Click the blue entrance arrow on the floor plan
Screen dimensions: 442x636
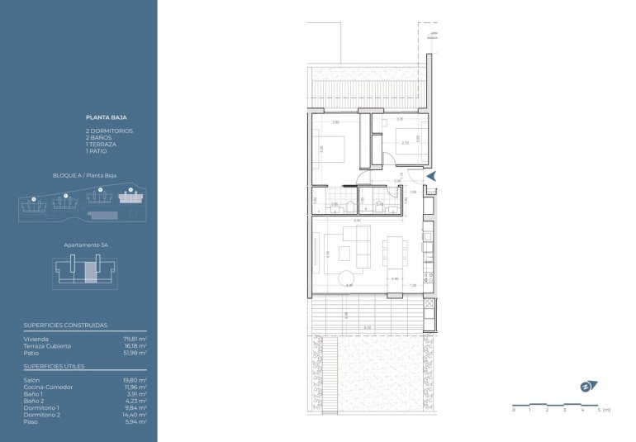432,174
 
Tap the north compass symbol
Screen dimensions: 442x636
585,386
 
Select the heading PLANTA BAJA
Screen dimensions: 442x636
106,118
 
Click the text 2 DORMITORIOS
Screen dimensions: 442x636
109,131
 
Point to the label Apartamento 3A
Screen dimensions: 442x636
86,245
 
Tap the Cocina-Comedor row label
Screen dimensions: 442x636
48,387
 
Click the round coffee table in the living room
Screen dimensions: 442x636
347,277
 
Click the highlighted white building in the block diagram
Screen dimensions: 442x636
128,198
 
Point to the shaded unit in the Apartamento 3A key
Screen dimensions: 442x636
90,270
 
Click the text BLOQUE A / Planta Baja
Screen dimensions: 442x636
84,176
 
